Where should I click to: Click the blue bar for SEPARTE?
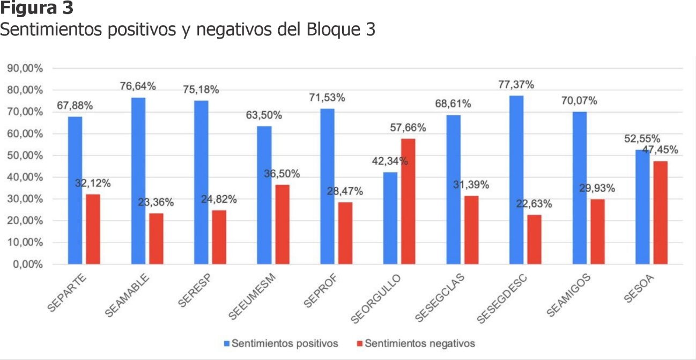point(75,190)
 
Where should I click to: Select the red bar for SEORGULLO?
point(408,201)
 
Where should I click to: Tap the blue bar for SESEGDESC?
point(516,180)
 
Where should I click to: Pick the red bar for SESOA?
point(660,212)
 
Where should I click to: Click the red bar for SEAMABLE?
point(156,238)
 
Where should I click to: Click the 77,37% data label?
point(516,85)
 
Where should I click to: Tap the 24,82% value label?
point(219,200)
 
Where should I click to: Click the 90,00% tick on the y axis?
point(25,69)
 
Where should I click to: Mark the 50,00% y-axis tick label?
point(25,156)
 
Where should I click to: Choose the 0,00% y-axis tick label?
point(27,264)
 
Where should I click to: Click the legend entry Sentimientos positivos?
point(285,343)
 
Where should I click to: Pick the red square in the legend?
point(360,343)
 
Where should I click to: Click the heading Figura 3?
point(36,9)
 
